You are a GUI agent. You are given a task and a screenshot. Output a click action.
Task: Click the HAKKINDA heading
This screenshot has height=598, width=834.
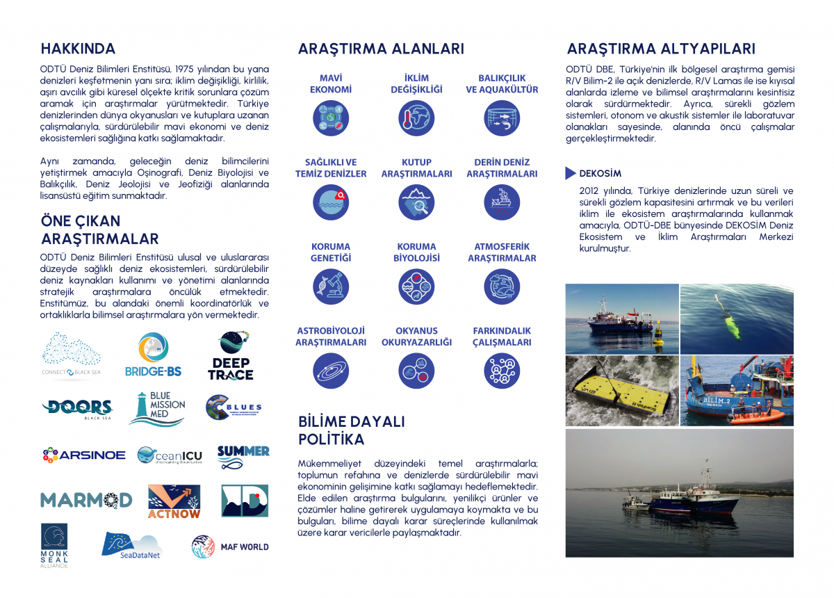78,49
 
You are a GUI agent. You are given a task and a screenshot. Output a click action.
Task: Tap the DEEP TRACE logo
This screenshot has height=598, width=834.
231,356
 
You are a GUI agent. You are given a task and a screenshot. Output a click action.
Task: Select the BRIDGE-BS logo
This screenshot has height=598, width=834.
153,355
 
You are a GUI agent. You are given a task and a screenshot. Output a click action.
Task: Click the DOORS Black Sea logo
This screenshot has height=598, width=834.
77,410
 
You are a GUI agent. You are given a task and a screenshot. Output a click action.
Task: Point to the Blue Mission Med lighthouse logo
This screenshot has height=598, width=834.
157,408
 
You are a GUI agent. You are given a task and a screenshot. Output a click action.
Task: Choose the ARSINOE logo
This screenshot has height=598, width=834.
83,455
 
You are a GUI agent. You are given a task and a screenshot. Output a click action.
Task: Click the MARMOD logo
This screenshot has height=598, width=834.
86,500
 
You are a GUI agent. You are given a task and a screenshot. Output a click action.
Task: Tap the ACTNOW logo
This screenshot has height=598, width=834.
174,501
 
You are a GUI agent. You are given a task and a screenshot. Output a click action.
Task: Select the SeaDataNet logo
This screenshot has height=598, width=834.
132,544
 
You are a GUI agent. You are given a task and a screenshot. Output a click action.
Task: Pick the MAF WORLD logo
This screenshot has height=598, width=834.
230,547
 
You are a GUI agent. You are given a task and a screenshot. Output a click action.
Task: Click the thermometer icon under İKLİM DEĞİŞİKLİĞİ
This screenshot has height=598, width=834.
416,118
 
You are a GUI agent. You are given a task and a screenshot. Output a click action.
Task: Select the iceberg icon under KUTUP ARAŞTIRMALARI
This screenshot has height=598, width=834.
416,202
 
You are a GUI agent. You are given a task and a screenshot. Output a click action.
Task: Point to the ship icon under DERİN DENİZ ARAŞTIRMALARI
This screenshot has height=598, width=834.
502,202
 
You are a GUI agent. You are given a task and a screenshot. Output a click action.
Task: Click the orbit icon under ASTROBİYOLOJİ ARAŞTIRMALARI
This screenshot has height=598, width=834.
331,371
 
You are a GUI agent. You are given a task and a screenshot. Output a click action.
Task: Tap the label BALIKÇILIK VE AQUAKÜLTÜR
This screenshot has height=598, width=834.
502,84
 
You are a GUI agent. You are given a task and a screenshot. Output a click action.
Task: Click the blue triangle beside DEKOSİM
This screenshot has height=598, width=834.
571,173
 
